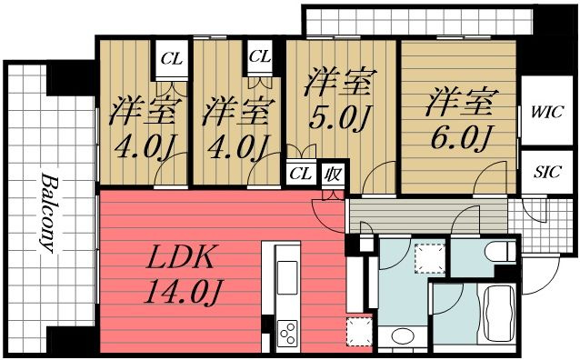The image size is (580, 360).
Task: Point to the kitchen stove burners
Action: coord(289,334)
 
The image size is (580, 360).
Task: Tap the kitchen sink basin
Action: coord(285,272)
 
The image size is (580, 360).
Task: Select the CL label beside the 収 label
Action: coord(298,173)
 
